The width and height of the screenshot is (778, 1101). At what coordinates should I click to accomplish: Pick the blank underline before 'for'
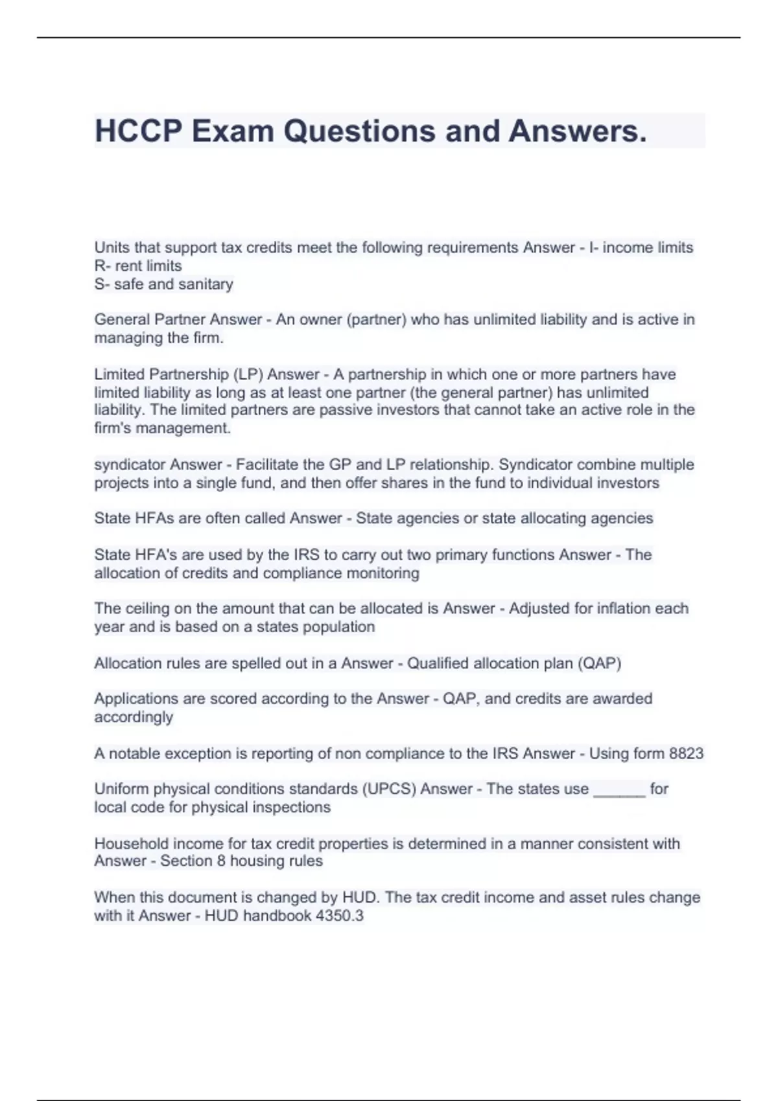[619, 790]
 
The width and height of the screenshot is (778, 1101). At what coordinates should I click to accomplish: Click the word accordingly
[134, 717]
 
